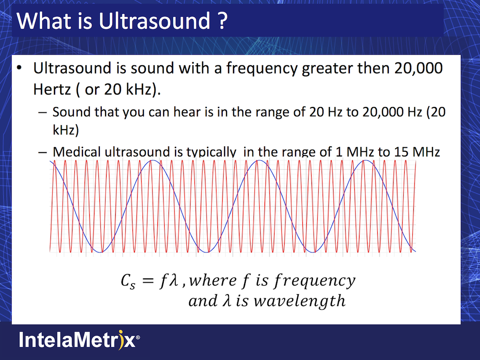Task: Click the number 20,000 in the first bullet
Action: tap(418, 68)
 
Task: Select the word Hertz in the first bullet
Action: tap(52, 89)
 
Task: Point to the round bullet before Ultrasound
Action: tap(19, 68)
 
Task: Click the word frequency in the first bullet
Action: tap(262, 69)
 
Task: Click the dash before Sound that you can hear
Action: tap(43, 112)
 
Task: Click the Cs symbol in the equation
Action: tap(128, 281)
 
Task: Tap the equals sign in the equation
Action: tap(148, 281)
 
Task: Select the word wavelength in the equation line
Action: tap(300, 301)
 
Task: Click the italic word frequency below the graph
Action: tap(315, 281)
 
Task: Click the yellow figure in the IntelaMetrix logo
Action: tap(121, 339)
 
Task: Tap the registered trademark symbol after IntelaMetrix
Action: tap(138, 337)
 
